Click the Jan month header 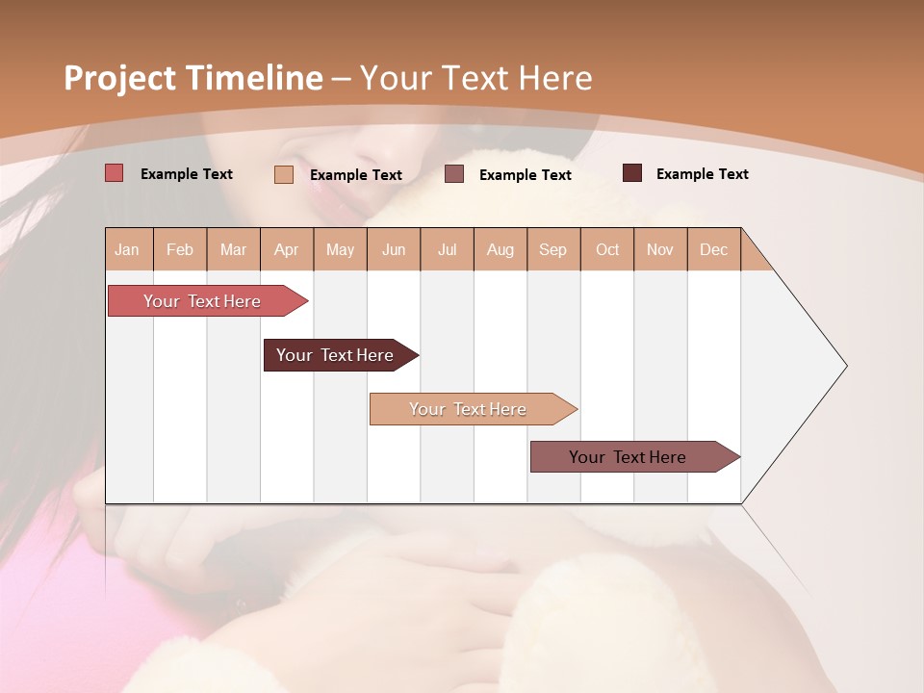128,249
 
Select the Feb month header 180,249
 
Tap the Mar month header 233,249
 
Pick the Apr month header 287,249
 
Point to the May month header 340,249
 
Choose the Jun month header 394,249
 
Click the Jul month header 447,249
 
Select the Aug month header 500,249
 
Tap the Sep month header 553,249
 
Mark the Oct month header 607,249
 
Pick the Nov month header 660,249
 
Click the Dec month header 713,249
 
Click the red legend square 115,173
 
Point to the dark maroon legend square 632,173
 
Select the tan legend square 284,174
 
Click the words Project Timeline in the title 193,78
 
